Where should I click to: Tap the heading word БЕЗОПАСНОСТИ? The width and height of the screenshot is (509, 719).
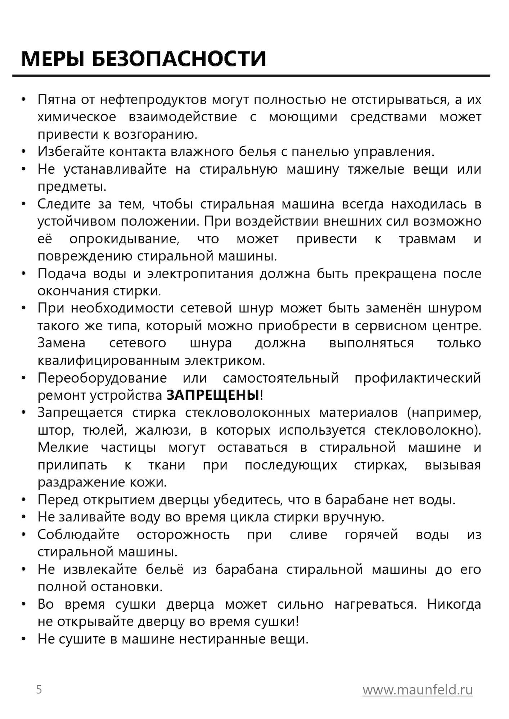(179, 59)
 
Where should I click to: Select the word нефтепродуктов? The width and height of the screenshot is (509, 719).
(153, 100)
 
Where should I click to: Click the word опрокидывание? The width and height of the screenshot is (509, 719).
(125, 239)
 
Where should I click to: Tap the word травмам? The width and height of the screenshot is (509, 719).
(427, 239)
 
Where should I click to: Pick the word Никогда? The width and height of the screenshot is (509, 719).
(454, 604)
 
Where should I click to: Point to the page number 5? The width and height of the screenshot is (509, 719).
(39, 690)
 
